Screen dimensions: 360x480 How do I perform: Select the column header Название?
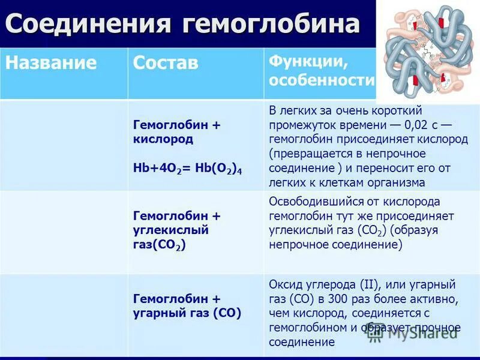pos(51,63)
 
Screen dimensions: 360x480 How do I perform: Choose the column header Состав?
pos(166,64)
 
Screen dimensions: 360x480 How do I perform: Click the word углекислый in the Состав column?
pos(170,230)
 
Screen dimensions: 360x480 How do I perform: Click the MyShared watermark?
pos(420,334)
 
